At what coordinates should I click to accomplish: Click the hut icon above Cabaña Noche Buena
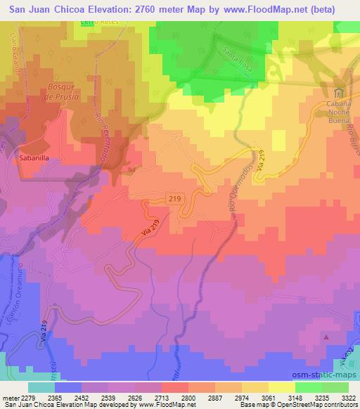[339, 94]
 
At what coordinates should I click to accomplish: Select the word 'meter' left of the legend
[8, 397]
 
